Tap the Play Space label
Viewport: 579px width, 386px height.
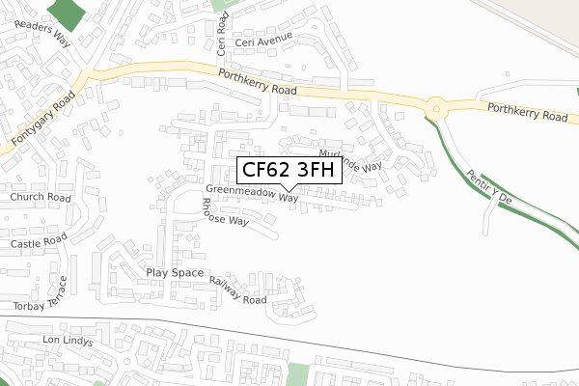click(175, 273)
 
